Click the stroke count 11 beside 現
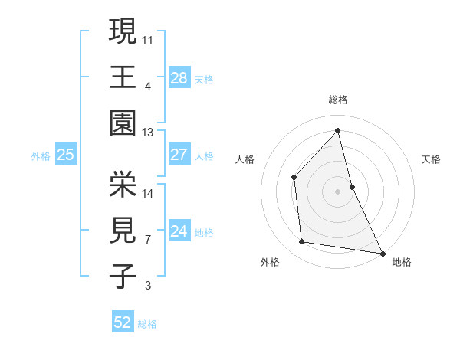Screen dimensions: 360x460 tap(148, 39)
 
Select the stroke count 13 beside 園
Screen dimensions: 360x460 tap(148, 133)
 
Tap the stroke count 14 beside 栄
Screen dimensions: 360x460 tap(148, 194)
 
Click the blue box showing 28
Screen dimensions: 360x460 tap(179, 77)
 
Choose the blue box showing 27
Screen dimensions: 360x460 tap(179, 155)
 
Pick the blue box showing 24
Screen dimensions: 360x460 tap(179, 231)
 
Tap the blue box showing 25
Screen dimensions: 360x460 tap(65, 155)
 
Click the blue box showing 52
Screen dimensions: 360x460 tap(122, 322)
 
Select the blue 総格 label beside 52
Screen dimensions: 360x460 tap(147, 324)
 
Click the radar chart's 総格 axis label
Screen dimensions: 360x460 tap(337, 100)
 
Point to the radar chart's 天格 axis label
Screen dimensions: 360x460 tap(432, 159)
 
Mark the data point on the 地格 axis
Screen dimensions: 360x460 tap(383, 253)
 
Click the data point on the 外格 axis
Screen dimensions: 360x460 tap(302, 242)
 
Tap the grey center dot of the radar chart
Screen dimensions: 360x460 tap(337, 191)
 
